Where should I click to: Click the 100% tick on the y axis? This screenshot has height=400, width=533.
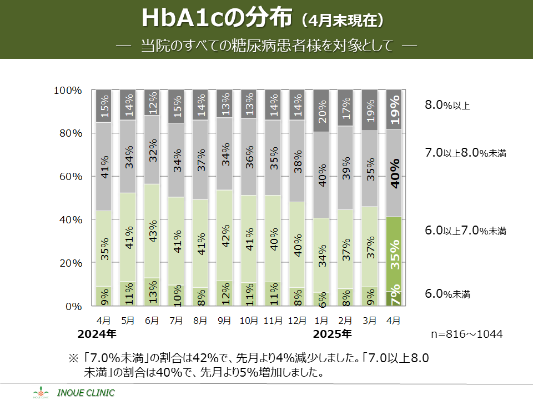point(68,91)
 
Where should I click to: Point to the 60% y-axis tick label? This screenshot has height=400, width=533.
point(71,177)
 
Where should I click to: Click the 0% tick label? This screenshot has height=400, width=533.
point(74,307)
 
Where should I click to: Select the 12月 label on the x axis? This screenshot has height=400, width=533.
point(297,321)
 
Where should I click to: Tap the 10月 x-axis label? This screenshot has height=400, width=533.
point(249,321)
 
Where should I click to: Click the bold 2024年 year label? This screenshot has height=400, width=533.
point(97,334)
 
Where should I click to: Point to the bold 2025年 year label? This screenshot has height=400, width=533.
point(332,334)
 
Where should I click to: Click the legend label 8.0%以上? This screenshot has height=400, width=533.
point(447,105)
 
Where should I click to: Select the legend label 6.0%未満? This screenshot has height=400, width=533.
point(447,293)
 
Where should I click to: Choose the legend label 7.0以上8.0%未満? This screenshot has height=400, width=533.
point(465,153)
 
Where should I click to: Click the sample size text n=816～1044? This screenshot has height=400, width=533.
point(467,334)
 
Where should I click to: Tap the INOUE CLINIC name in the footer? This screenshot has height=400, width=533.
point(86,393)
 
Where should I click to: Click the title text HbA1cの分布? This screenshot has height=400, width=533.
point(217,18)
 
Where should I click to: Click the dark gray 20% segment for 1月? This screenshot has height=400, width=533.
point(321,111)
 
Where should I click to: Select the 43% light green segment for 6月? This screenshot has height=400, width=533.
point(152,231)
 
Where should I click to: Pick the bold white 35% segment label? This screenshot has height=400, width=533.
point(395,254)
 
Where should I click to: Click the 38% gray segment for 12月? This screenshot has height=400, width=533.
point(297,161)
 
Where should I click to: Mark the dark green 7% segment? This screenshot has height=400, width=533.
point(394,299)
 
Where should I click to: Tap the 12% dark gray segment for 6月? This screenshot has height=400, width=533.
point(152,103)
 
